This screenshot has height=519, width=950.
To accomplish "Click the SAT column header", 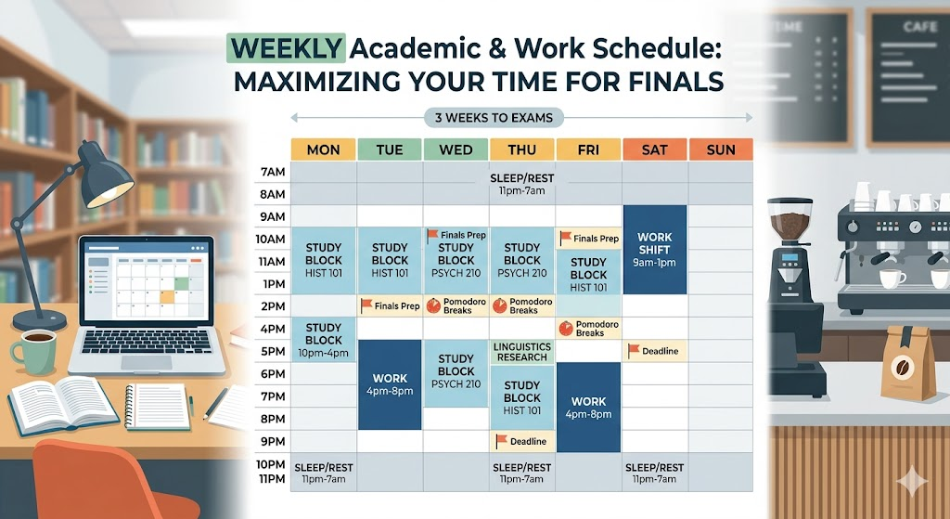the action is coord(654,149).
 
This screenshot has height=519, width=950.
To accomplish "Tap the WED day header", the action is coord(456,149).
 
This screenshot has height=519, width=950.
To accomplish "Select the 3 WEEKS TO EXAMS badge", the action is coord(494,118).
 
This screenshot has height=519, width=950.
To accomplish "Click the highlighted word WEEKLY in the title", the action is coord(286,48).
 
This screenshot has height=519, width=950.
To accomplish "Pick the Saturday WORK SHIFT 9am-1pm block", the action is coord(655,250).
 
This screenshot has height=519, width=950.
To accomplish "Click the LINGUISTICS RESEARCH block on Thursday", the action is coord(521,352).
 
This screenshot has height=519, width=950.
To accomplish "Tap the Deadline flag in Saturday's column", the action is coord(655,351).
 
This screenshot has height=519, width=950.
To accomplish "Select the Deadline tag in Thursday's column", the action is coord(521,441).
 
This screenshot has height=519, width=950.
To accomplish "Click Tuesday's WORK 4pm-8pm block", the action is coord(390,384).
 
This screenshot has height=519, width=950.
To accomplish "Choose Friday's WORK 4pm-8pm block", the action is coord(588,408).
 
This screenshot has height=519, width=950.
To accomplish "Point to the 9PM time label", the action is coord(273,441).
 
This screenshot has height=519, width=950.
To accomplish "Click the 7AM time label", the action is coord(273,172).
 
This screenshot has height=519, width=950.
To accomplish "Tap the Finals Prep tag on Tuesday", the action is coord(390,306).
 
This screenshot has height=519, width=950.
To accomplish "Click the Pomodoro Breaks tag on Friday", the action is coord(588,329).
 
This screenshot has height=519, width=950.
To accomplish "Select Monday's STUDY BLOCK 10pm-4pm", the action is coord(324,340).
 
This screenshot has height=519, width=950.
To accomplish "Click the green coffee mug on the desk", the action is coord(34,352).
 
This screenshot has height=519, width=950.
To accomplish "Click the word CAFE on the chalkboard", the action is coord(919,27).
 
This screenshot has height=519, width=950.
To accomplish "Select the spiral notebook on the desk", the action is coord(156,407).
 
